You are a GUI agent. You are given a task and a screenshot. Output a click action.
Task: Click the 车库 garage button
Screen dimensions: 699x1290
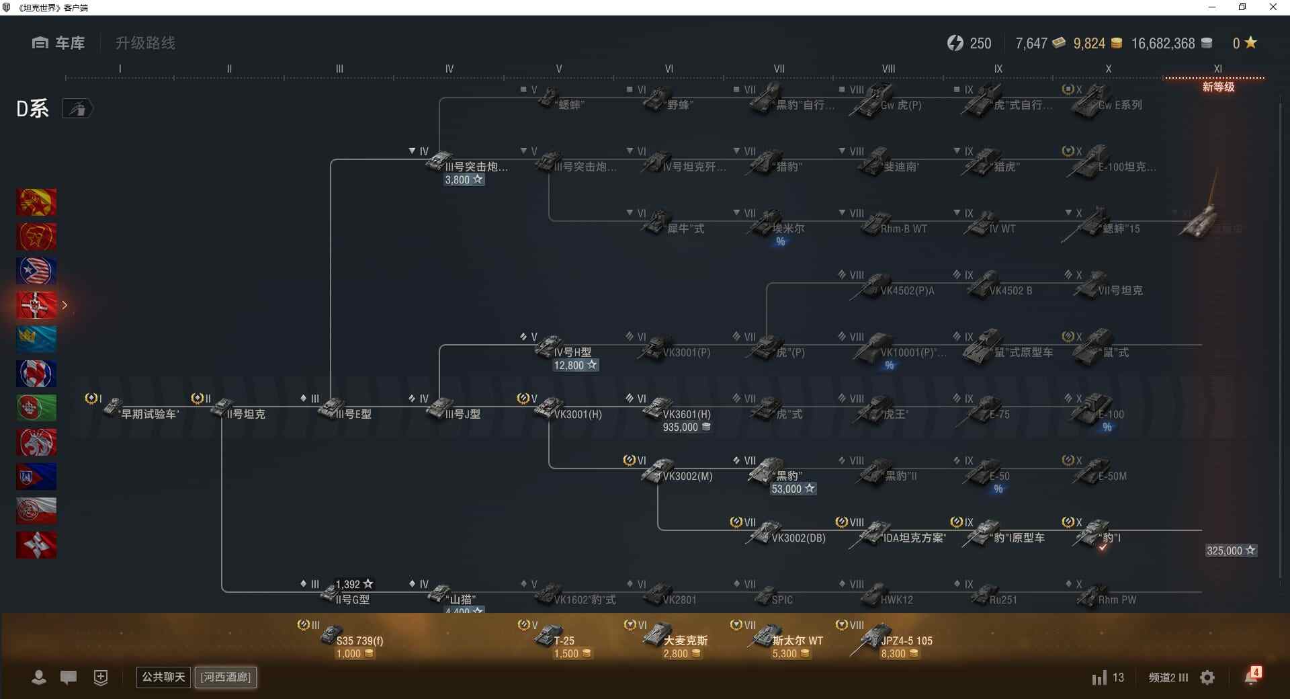[58, 43]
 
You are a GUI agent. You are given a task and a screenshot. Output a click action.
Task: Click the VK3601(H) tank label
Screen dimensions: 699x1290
[686, 414]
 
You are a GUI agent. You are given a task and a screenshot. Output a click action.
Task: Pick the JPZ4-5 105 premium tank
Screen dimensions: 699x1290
[894, 640]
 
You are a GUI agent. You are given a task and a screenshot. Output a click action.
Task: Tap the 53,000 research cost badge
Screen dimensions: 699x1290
[793, 489]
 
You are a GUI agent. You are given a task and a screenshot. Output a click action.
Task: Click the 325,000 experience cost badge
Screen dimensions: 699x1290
[1230, 550]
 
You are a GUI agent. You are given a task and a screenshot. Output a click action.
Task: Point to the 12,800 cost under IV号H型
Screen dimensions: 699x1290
[575, 366]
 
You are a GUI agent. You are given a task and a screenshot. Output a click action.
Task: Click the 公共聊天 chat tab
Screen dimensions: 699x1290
[163, 677]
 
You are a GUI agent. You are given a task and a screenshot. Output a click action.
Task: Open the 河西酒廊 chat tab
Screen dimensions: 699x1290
[226, 677]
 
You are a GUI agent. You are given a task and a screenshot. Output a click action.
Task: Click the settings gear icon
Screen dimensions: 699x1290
[1207, 677]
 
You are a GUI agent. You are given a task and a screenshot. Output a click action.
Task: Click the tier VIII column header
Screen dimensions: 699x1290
[888, 69]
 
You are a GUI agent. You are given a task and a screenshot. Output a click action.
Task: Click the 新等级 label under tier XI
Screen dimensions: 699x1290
[1218, 87]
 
